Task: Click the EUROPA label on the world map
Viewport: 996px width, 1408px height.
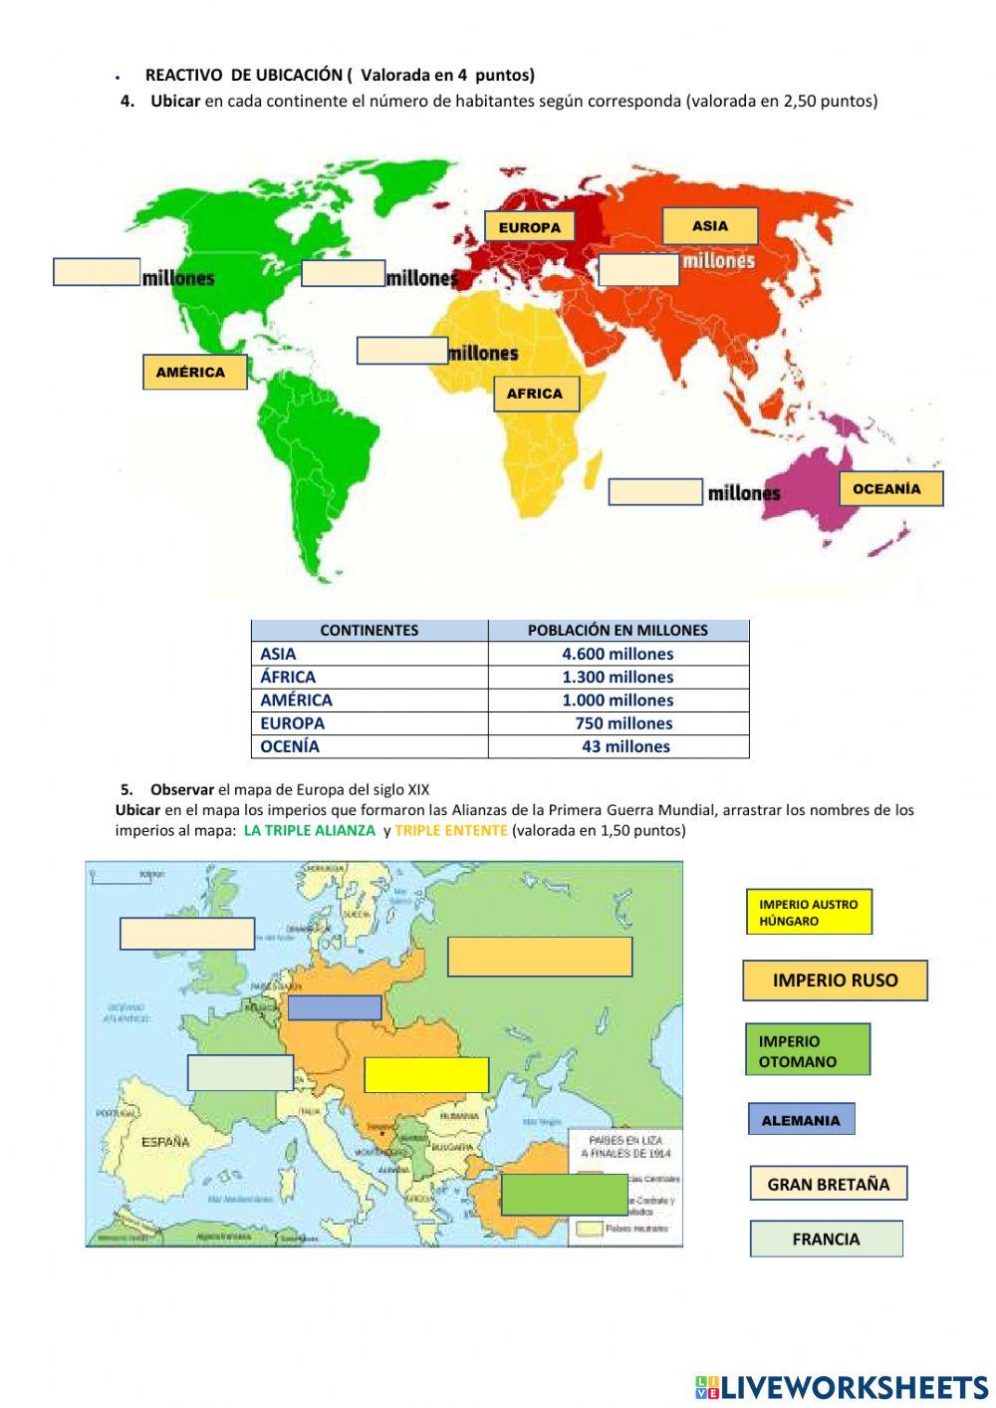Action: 530,227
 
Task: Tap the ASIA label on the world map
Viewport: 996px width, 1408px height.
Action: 710,226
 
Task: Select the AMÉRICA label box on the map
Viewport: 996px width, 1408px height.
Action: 194,372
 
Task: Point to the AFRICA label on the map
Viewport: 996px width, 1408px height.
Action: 536,394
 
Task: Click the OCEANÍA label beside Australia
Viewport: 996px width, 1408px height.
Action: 889,489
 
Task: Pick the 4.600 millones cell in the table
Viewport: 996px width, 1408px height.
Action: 618,654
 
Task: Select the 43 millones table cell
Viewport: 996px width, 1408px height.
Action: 625,746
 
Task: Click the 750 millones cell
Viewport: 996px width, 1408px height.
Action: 623,723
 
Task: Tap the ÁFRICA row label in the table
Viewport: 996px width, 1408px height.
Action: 288,677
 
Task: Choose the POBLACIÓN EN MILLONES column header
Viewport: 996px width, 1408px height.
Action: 618,630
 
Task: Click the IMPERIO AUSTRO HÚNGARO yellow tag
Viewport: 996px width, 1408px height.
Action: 809,912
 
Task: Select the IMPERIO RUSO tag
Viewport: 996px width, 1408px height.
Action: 835,981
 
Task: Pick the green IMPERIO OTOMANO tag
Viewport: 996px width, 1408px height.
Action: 808,1050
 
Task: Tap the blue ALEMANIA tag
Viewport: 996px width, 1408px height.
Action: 802,1120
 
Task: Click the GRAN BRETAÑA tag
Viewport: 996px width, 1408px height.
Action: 829,1184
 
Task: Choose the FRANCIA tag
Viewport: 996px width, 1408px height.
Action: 826,1239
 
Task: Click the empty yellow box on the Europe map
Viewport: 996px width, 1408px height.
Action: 426,1075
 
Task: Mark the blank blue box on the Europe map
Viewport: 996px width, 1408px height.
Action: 335,1007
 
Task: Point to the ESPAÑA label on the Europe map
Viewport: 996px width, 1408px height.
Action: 165,1142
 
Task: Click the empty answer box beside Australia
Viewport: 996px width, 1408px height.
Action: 655,492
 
